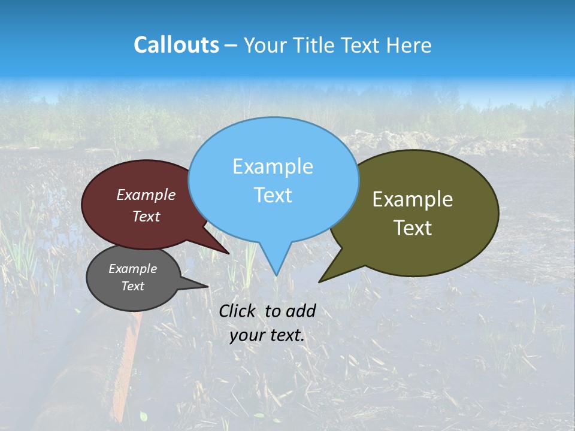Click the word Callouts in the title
(176, 45)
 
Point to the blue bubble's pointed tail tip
(276, 275)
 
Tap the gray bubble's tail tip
(207, 287)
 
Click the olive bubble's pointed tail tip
(319, 281)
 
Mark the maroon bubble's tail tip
(229, 253)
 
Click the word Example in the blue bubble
(273, 166)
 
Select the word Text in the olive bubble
(413, 228)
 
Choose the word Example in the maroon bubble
(146, 195)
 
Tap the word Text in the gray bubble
(133, 286)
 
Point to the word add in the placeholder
(300, 311)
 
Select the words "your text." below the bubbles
(267, 335)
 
